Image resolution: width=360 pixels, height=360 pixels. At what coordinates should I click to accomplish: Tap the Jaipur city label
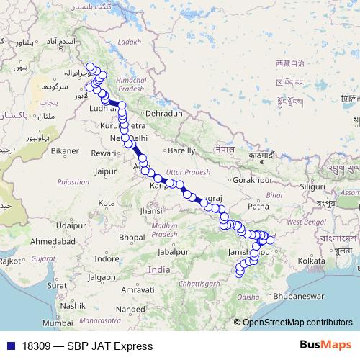(105, 172)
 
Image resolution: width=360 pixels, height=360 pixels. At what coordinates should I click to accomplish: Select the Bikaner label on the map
(64, 151)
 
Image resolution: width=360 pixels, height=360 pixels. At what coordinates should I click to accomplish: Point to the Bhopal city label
(132, 237)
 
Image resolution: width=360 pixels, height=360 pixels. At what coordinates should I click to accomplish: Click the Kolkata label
(311, 260)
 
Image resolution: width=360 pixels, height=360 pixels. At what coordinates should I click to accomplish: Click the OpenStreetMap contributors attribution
(297, 323)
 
